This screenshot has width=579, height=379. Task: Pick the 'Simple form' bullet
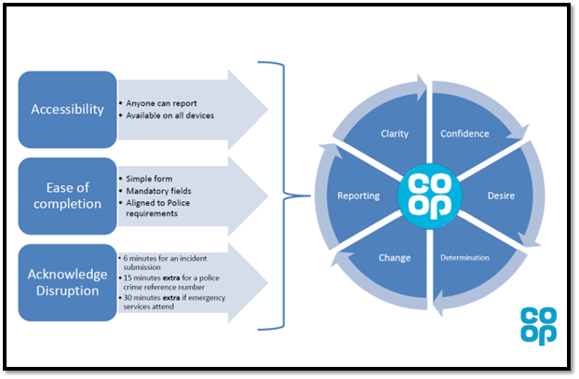coord(147,177)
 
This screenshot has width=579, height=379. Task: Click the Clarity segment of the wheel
coord(395,133)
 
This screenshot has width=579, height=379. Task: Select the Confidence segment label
coord(465,133)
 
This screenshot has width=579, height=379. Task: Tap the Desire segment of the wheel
coord(501,196)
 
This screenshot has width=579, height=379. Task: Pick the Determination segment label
coord(465,258)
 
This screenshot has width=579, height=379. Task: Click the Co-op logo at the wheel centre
coord(429,196)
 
